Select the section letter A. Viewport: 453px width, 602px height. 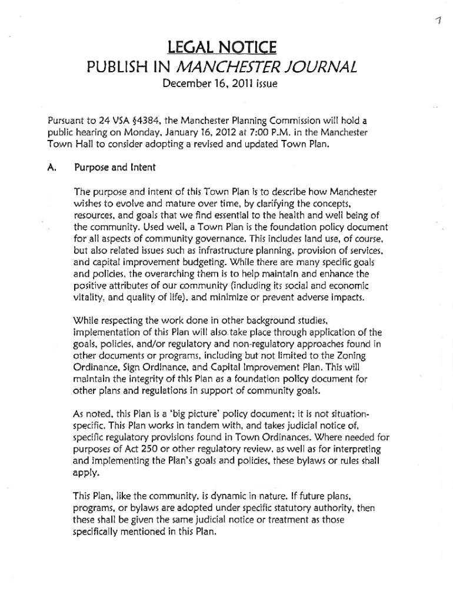click(x=51, y=168)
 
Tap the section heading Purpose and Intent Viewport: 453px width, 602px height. click(x=115, y=168)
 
